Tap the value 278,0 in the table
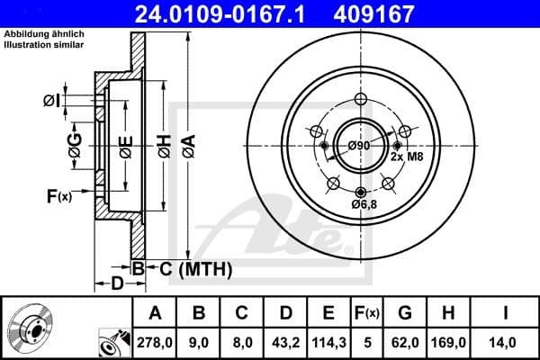coord(154,342)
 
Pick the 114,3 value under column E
coord(328,342)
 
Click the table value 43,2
coord(284,342)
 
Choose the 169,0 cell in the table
coord(454,342)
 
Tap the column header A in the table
coord(154,313)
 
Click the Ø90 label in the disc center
coord(359,147)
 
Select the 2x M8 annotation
coord(405,157)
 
